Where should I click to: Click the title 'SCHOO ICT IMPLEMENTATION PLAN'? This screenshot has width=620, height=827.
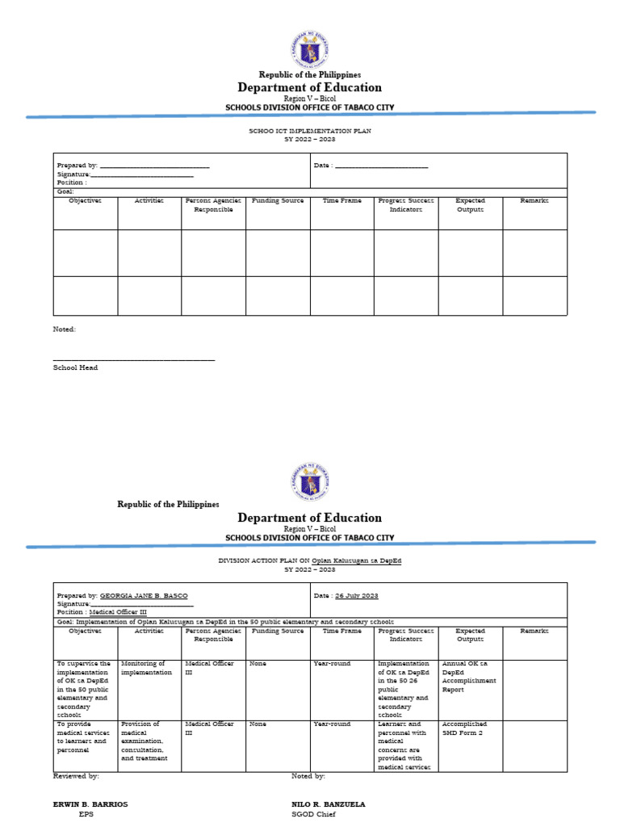(x=310, y=130)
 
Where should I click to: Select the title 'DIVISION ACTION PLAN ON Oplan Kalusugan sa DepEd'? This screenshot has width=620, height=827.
(x=310, y=560)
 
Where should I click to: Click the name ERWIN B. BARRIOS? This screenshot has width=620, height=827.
(x=90, y=804)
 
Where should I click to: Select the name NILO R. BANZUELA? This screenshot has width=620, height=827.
(x=328, y=804)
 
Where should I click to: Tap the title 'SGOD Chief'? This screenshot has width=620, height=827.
(x=313, y=815)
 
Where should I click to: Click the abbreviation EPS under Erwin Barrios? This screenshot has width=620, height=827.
(x=86, y=815)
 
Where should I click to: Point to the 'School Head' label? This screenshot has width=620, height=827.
(x=75, y=367)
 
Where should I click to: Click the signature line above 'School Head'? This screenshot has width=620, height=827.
(x=134, y=359)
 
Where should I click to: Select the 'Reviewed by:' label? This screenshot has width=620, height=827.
(x=76, y=776)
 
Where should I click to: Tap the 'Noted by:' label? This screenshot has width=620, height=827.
(x=308, y=776)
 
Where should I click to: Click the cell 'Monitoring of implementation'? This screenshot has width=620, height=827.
(x=146, y=668)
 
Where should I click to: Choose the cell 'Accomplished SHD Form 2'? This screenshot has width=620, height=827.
(x=464, y=728)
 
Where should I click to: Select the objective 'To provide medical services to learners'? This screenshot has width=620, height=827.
(x=83, y=737)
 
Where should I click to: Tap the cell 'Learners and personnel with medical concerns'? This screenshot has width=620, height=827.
(x=404, y=745)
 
